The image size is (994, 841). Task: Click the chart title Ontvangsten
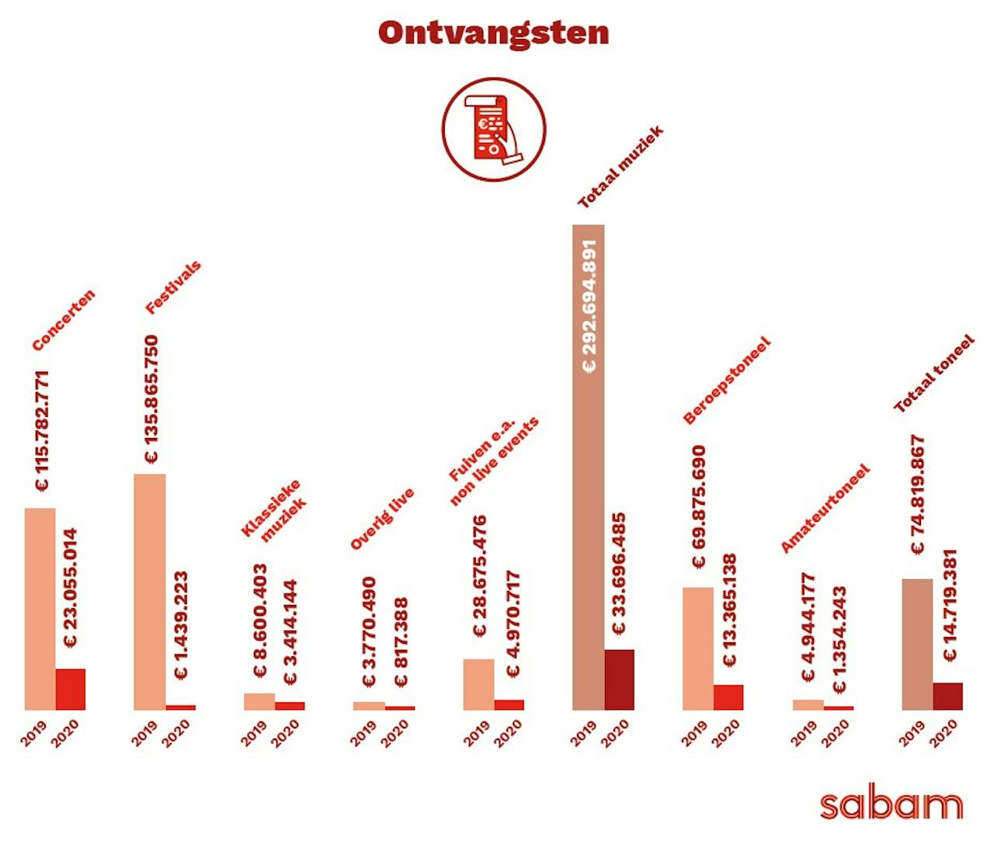click(x=494, y=33)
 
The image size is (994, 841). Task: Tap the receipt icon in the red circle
click(x=494, y=129)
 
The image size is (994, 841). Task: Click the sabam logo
click(x=891, y=805)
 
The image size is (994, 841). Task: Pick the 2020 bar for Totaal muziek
click(x=619, y=680)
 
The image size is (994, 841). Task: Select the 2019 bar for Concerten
click(x=40, y=609)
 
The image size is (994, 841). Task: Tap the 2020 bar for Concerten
click(x=71, y=690)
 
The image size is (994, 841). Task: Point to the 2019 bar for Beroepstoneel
click(x=698, y=648)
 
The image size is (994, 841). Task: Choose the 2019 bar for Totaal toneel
click(x=917, y=645)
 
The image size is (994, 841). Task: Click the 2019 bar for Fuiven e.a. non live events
click(x=478, y=684)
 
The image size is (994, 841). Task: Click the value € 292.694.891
click(x=589, y=306)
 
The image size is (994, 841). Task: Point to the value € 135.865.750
click(x=151, y=399)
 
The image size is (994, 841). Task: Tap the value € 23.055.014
click(x=71, y=589)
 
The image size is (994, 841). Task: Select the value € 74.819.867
click(x=918, y=495)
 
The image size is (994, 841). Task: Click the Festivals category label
click(x=173, y=287)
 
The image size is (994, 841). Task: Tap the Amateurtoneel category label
click(x=825, y=509)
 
